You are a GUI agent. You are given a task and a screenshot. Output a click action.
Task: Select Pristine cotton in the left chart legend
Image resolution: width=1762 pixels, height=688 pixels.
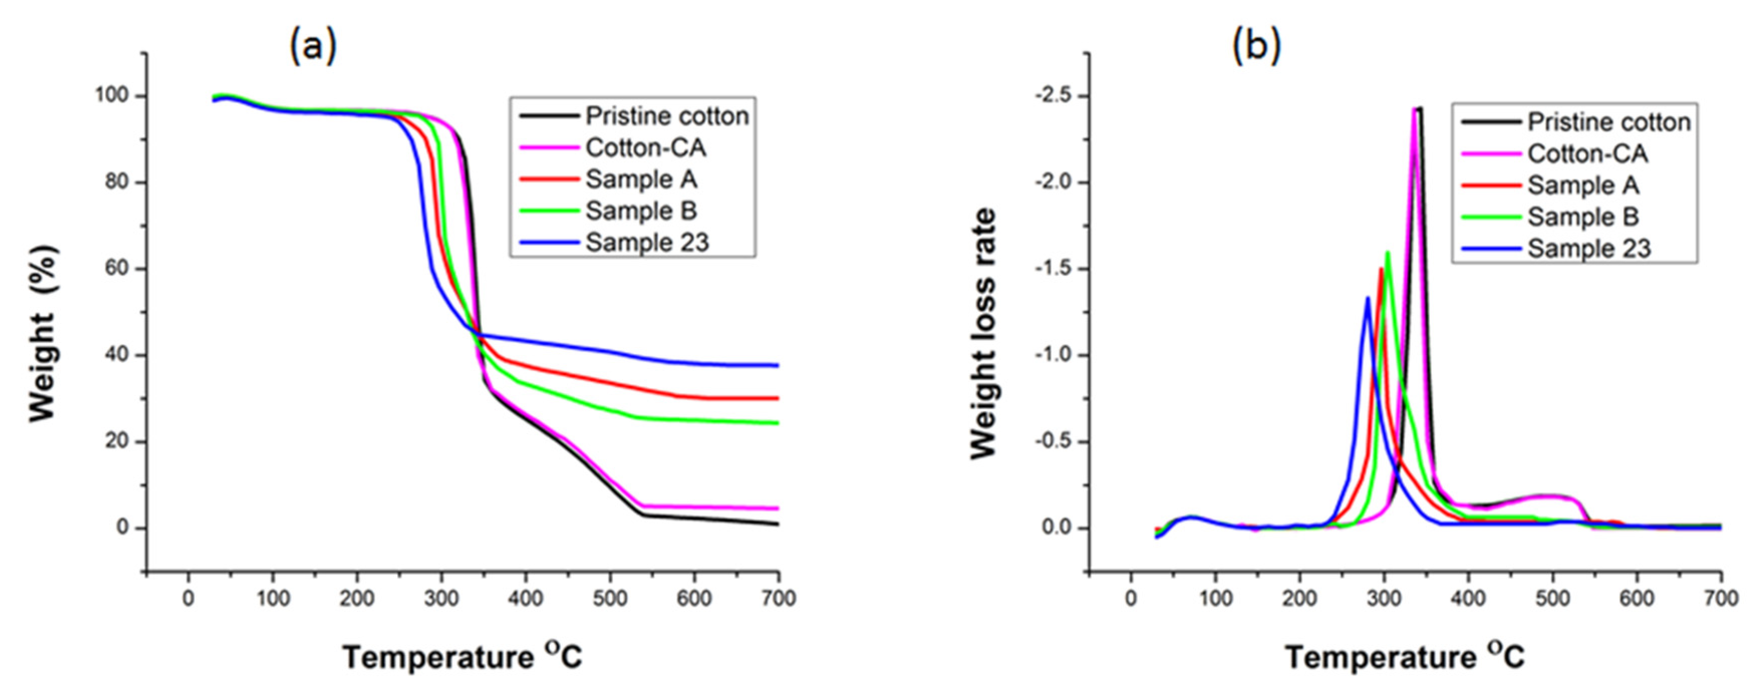pos(666,116)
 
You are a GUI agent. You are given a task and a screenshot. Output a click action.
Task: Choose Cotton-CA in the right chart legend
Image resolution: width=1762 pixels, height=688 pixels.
pos(1587,154)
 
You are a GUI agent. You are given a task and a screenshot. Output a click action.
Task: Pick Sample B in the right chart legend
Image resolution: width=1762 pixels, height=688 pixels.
pos(1583,217)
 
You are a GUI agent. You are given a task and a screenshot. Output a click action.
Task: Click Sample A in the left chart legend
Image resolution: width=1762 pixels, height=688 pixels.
pos(640,179)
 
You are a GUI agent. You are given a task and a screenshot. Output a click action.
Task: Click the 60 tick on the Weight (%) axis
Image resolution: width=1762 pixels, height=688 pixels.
pos(117,269)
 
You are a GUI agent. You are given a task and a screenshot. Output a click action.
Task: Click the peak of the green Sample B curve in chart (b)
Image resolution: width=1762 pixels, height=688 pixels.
pos(1388,252)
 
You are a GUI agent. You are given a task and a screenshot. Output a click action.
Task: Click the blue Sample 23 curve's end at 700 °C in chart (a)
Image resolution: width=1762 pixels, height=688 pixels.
pos(778,365)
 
